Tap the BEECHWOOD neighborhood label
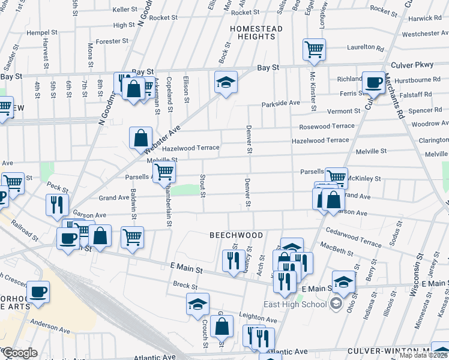[236, 235]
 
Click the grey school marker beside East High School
[336, 304]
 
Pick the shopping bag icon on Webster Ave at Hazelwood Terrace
[140, 137]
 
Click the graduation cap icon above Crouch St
[197, 304]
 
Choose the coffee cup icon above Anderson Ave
[40, 292]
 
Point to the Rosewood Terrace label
[327, 127]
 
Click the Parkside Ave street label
[280, 104]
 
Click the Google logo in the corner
[20, 353]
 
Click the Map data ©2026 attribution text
[423, 355]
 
